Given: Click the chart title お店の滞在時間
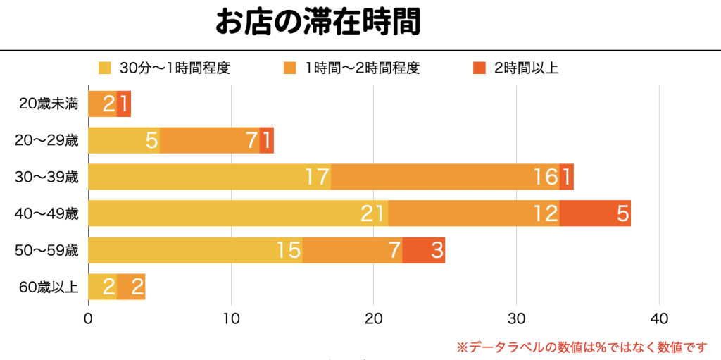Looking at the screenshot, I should (318, 22).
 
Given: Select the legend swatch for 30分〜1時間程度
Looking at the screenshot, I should (105, 68).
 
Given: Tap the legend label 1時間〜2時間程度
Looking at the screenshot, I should (362, 68).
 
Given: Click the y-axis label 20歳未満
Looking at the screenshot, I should (49, 104).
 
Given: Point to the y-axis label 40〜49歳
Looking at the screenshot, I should (46, 213).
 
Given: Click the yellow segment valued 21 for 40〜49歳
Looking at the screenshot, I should (238, 213).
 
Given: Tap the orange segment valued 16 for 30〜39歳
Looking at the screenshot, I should (445, 176).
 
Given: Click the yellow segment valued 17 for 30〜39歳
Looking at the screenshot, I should (209, 176).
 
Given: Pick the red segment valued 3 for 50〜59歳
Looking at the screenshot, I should (424, 249).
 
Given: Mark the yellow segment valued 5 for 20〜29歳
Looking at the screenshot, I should (124, 140).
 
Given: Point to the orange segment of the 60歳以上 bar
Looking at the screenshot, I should (131, 286).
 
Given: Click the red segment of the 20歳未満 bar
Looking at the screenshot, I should (124, 104).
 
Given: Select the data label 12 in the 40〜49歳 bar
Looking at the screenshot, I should (545, 213).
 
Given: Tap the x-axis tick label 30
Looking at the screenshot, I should (516, 318).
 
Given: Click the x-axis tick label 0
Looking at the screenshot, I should (88, 318).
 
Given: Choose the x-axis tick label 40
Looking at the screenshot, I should (658, 318).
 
